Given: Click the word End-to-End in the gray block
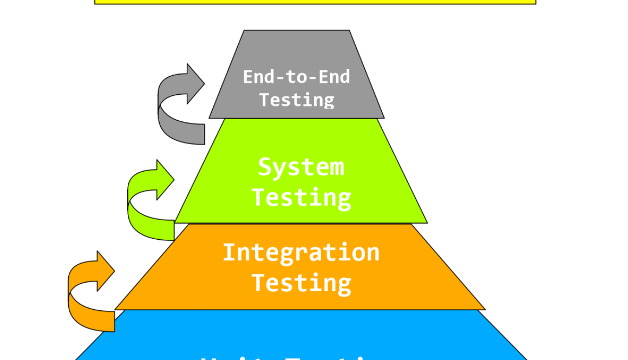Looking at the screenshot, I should (296, 76).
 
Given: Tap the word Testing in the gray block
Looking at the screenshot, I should (297, 100).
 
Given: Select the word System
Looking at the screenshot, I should (301, 167).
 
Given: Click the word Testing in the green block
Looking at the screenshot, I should (302, 197).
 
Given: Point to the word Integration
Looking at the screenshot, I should (301, 253).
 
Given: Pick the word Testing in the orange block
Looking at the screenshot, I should (302, 283).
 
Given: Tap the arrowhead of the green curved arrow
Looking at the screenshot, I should (166, 180).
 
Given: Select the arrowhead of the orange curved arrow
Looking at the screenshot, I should (106, 271).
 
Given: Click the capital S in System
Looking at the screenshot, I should (264, 167).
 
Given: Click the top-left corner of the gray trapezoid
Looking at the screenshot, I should (244, 30).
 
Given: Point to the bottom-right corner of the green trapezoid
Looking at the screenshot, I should (427, 222).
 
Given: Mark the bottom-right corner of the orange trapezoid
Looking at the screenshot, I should (485, 310).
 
